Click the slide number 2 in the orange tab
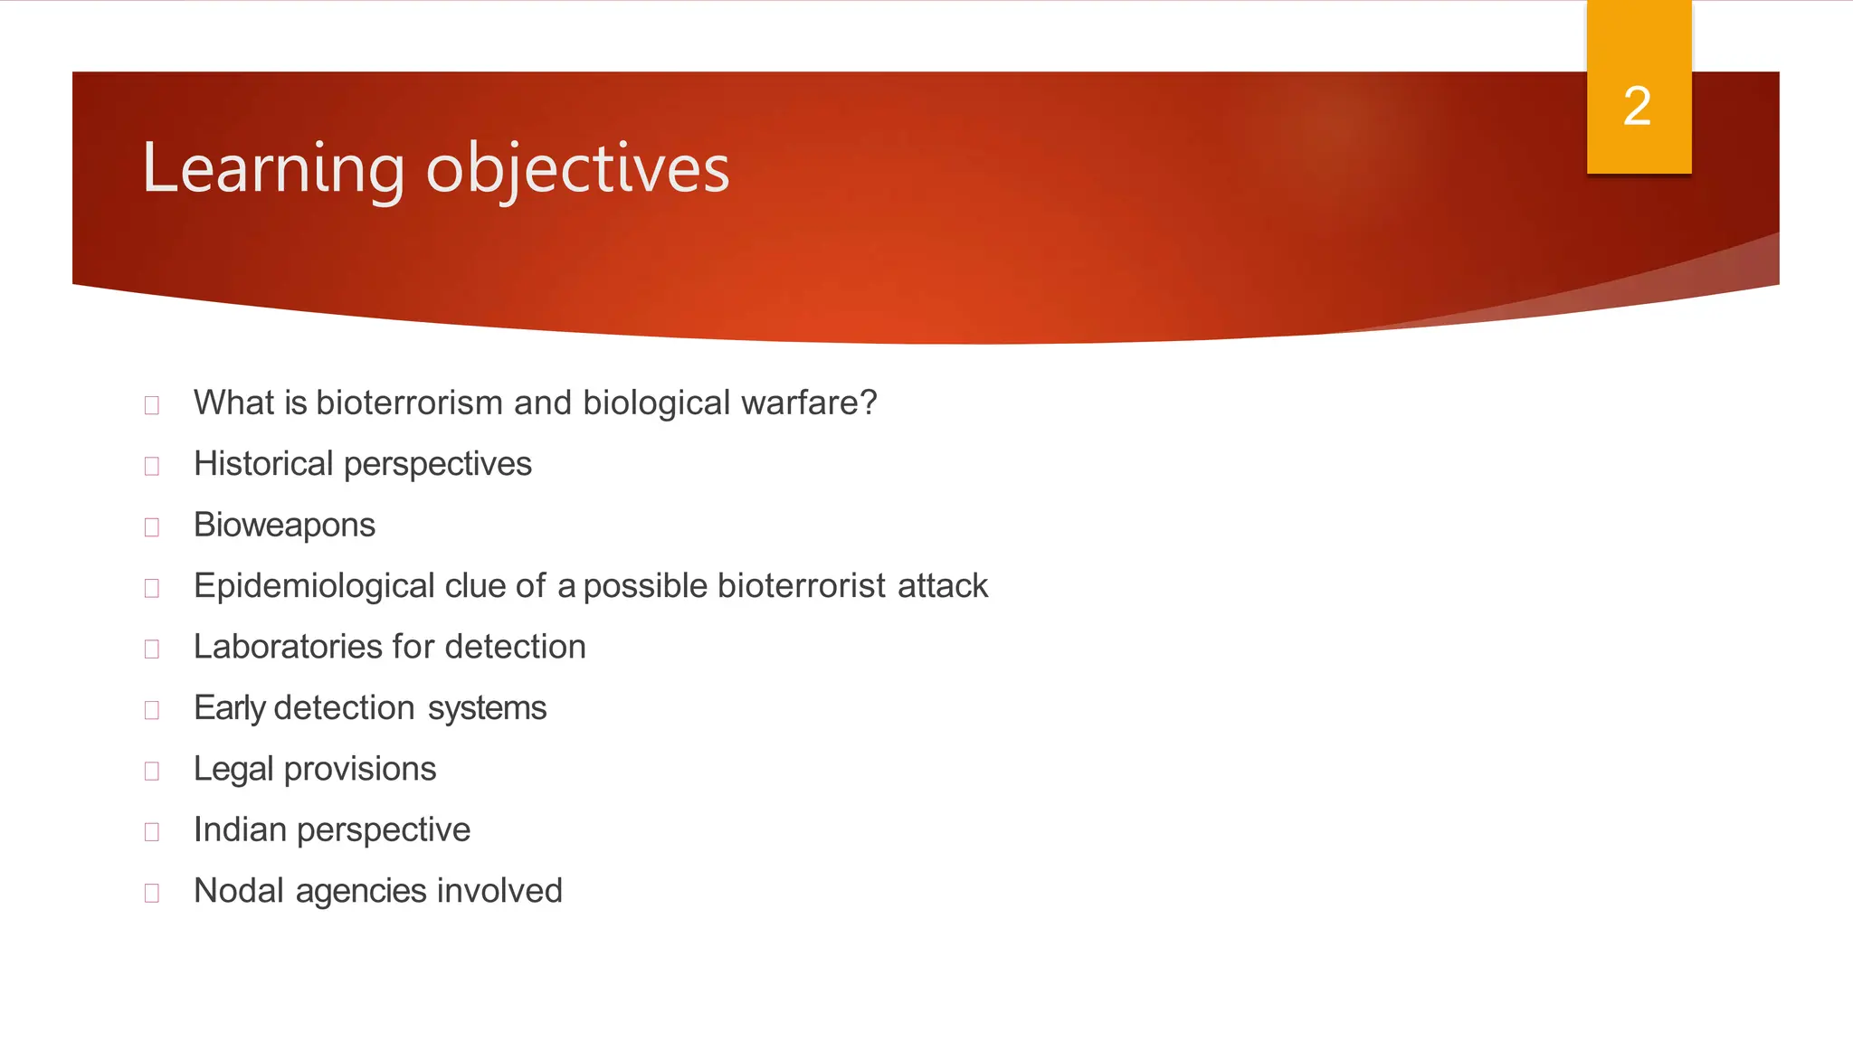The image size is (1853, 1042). [x=1637, y=107]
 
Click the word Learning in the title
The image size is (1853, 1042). [x=272, y=169]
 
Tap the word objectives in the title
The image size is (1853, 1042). [x=577, y=169]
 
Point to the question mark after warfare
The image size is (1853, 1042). [x=869, y=403]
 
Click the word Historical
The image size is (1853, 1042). [x=263, y=464]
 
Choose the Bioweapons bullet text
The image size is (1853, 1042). [x=284, y=525]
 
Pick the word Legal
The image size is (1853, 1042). [x=233, y=769]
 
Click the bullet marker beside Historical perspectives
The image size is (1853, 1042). [x=152, y=466]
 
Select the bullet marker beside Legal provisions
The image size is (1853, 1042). [x=152, y=771]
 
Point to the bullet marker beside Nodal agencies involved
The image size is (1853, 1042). [x=152, y=893]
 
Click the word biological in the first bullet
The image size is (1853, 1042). [x=656, y=403]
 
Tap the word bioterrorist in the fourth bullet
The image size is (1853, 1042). [x=801, y=586]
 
